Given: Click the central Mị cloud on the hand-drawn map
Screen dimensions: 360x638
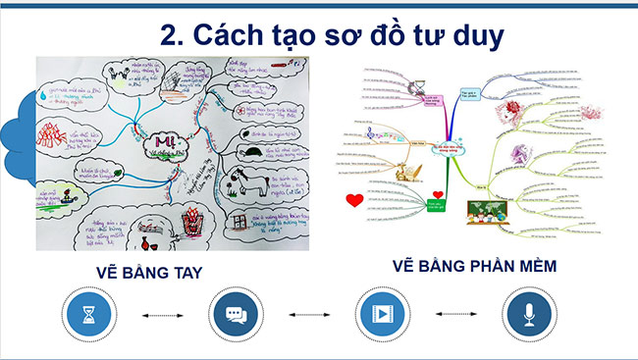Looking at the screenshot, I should tap(162, 141).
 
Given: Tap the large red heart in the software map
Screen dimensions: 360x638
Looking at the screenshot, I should tap(356, 203).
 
